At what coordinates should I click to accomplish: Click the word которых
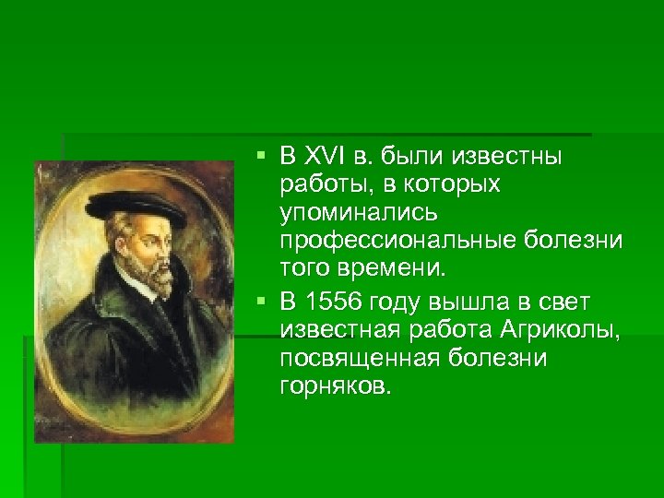(447, 184)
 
